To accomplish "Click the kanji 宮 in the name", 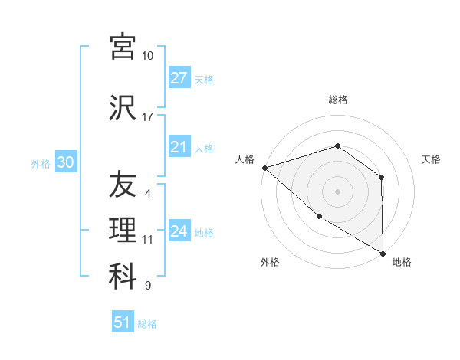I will [x=123, y=47].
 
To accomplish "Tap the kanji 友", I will [x=123, y=185].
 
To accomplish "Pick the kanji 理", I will [x=123, y=231].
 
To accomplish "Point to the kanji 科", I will [x=123, y=277].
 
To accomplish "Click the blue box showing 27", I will [x=179, y=78].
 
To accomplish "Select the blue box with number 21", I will [x=179, y=147].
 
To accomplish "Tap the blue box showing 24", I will [x=179, y=231].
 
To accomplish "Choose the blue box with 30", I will [x=65, y=162].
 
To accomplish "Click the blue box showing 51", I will [x=123, y=322].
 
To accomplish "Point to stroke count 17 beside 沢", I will [x=147, y=117].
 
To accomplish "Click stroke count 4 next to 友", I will [x=147, y=194].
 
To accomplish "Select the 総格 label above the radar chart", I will [x=338, y=100].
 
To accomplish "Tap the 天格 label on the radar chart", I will [x=432, y=159].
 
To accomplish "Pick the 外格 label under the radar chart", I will [x=270, y=262].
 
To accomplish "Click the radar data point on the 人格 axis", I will [x=264, y=167].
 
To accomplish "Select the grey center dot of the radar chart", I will [x=338, y=191].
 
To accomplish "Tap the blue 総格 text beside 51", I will [x=147, y=324].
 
